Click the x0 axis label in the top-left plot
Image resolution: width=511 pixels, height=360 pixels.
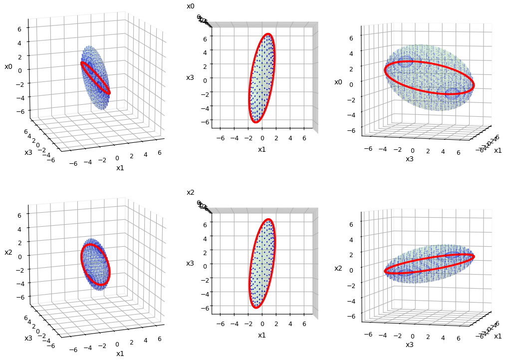click(x=8, y=66)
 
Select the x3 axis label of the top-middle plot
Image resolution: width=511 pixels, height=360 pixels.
click(x=190, y=77)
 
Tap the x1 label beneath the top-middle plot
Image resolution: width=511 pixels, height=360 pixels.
click(x=262, y=149)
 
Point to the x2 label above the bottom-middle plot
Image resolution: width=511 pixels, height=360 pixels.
click(x=190, y=192)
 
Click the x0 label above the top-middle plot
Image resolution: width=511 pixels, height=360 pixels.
click(x=190, y=6)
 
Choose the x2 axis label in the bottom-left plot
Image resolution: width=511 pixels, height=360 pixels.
click(x=8, y=252)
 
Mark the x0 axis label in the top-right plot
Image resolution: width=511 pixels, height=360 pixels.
click(x=338, y=82)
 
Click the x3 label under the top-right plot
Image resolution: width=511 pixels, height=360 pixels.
click(x=409, y=159)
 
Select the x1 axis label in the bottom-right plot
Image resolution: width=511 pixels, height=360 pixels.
click(x=498, y=336)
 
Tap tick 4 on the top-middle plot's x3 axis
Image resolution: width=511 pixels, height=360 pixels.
click(x=204, y=50)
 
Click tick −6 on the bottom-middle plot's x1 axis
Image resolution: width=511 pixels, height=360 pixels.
click(x=220, y=324)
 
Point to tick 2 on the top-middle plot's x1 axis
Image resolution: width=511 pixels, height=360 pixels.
click(x=276, y=138)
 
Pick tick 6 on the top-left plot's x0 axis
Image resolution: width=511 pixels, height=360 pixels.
click(x=19, y=29)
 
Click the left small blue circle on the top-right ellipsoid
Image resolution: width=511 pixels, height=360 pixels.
click(x=405, y=62)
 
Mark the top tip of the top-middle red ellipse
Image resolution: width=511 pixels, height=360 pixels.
click(x=268, y=34)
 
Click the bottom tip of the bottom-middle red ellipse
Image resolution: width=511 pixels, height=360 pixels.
click(x=255, y=308)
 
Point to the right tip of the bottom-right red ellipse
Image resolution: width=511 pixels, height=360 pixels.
click(x=474, y=257)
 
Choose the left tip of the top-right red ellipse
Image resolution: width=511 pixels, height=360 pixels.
click(x=385, y=70)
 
